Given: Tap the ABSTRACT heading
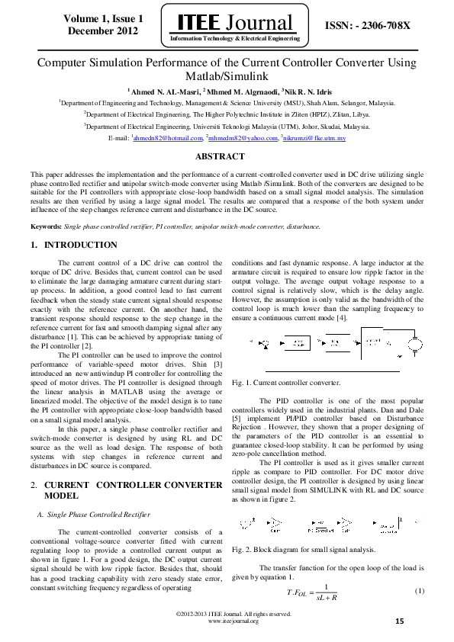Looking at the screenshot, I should [x=227, y=156].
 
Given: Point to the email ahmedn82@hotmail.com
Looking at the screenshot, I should [x=168, y=139].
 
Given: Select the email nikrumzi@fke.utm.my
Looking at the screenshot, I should [x=315, y=139].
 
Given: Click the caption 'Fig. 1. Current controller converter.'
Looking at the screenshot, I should [x=285, y=381].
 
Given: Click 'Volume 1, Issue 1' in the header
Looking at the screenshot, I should [x=103, y=18].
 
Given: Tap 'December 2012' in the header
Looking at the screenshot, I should [x=103, y=30].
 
